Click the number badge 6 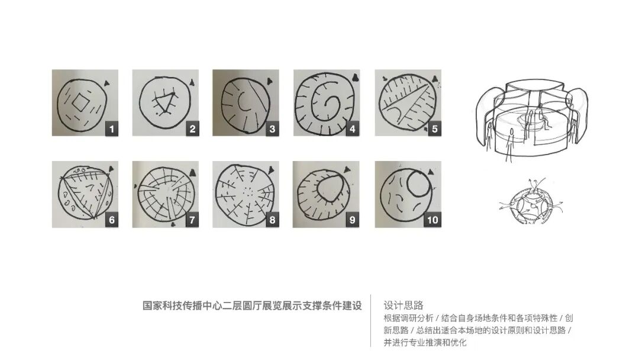(111, 220)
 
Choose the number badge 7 (192, 220)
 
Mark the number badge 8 (272, 220)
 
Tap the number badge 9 (353, 220)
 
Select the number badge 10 (432, 220)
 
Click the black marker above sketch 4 (354, 76)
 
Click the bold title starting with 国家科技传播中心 (252, 306)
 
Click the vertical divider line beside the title (371, 320)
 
